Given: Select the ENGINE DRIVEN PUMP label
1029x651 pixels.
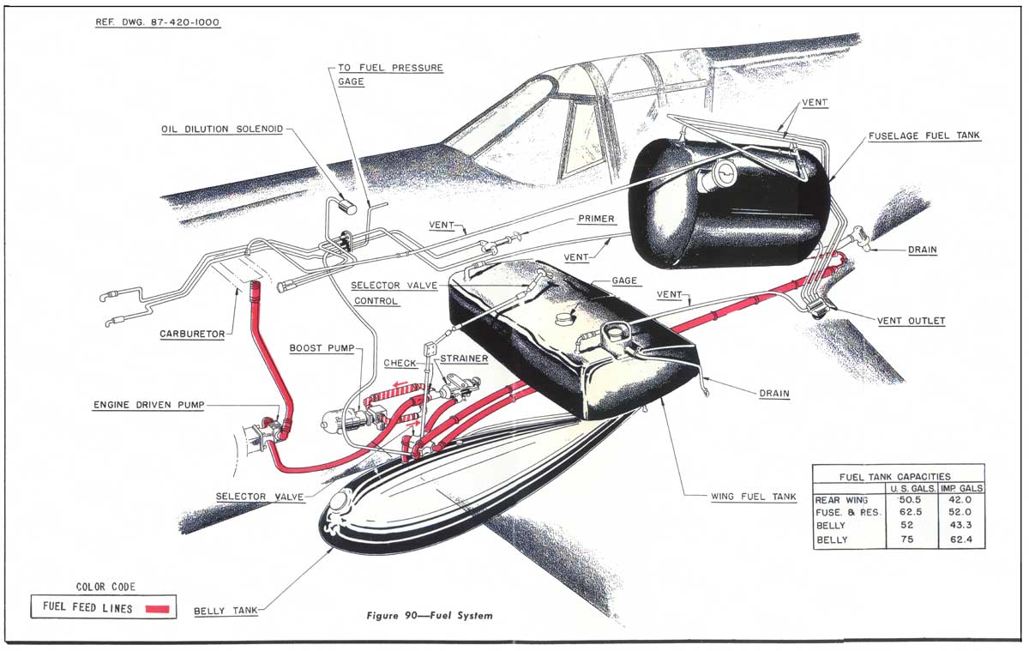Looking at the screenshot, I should click(x=148, y=405).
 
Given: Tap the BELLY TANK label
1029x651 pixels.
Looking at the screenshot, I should click(x=222, y=611).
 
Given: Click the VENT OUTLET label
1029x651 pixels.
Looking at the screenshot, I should click(x=911, y=321).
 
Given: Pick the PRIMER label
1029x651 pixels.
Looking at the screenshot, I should click(x=596, y=219).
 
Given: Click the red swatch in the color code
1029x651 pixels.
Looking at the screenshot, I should click(x=159, y=608).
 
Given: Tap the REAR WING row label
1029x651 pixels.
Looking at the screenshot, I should click(x=842, y=499).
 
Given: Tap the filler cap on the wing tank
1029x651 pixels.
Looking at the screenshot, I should click(x=565, y=318).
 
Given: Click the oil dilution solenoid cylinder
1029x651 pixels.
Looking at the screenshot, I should click(x=347, y=206).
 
